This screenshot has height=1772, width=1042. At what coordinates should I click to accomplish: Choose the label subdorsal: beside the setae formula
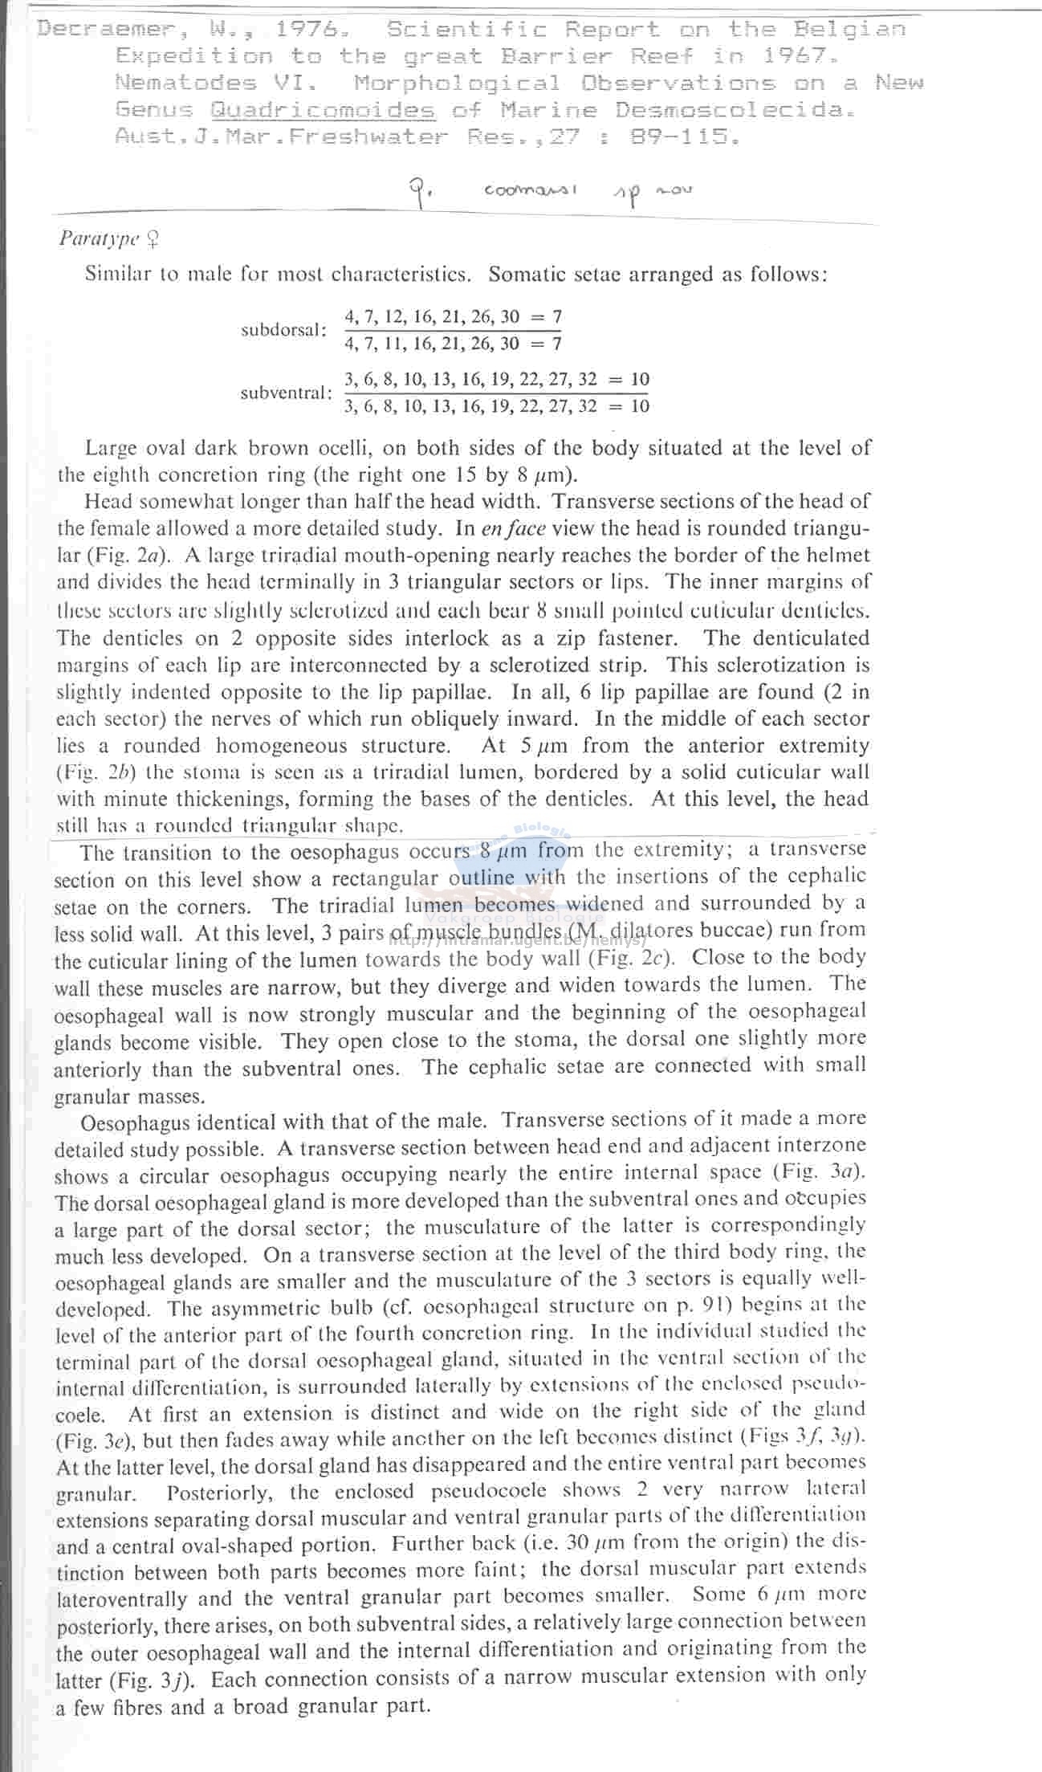pos(284,330)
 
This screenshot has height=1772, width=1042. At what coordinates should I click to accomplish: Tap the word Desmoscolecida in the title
pos(730,110)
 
